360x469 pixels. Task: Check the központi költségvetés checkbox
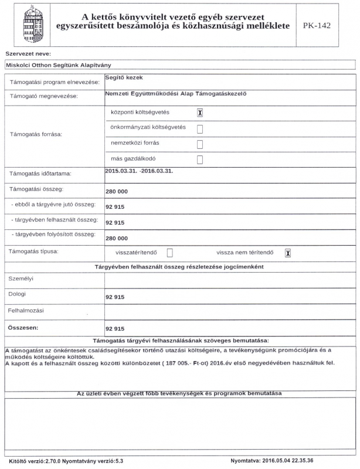[x=200, y=113]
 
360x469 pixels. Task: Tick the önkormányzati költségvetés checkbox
[x=200, y=128]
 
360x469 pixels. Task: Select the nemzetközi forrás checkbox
[x=200, y=144]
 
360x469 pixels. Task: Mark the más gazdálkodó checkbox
[x=200, y=159]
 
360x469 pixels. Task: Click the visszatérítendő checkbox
[x=170, y=253]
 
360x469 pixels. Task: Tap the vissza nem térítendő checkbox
[x=287, y=253]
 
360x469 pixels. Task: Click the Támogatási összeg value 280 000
[x=116, y=191]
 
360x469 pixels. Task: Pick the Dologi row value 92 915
[x=115, y=297]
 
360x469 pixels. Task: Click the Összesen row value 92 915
[x=115, y=329]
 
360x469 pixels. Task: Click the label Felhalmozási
[x=26, y=310]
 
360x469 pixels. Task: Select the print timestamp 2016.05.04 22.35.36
[x=297, y=461]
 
